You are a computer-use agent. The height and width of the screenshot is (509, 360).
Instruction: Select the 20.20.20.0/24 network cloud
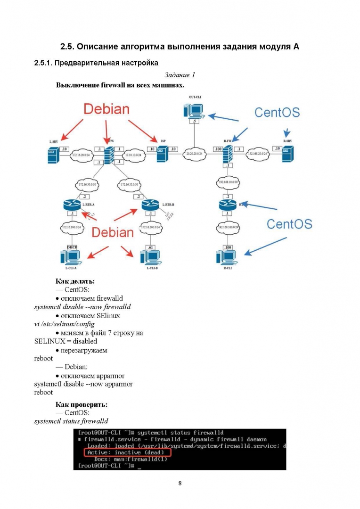click(x=194, y=154)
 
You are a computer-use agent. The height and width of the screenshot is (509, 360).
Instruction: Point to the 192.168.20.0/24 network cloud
click(x=257, y=154)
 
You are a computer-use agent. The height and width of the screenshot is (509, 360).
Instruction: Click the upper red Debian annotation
click(x=106, y=109)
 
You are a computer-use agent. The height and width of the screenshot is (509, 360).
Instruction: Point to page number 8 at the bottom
click(x=180, y=483)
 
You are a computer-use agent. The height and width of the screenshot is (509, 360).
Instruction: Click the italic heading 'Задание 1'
click(x=180, y=75)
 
